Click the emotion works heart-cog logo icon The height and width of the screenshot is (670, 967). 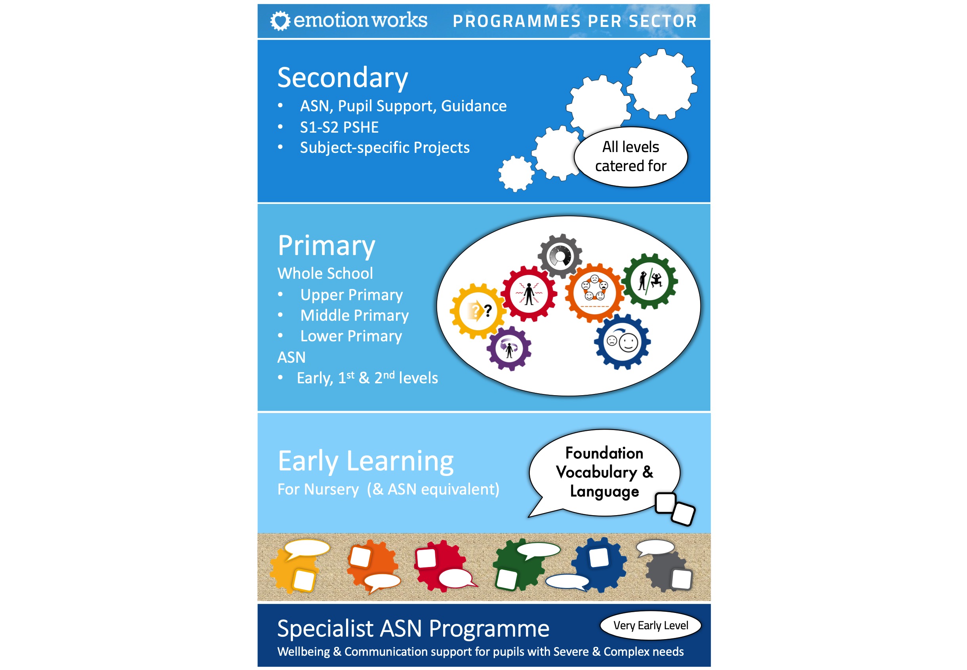[280, 21]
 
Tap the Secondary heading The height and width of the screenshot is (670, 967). [343, 78]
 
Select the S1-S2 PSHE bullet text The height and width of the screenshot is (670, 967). [339, 127]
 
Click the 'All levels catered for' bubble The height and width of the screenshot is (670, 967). [630, 156]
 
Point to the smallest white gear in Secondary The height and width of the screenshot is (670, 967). [516, 174]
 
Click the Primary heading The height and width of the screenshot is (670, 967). [326, 246]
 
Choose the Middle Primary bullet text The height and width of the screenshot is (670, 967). [354, 315]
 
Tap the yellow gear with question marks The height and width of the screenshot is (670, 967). [478, 311]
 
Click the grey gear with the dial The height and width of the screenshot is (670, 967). [560, 256]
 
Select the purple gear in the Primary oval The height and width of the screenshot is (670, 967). [509, 348]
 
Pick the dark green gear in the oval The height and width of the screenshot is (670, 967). [650, 281]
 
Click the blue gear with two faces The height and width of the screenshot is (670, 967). [622, 342]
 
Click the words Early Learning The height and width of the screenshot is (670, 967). [365, 461]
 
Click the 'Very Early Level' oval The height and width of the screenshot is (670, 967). [651, 626]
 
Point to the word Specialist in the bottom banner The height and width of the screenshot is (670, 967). [325, 629]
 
